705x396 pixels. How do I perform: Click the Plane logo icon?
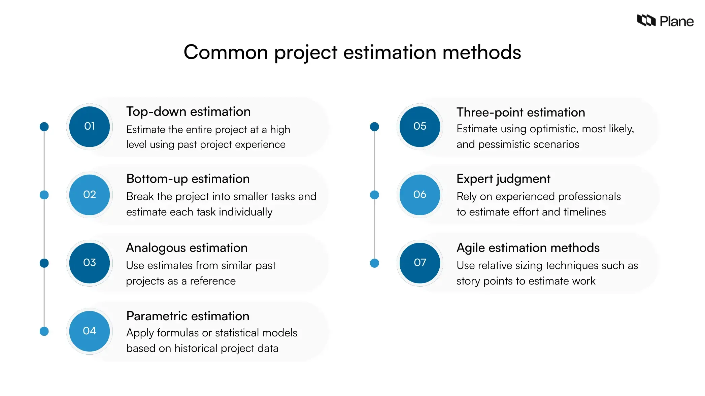pos(646,21)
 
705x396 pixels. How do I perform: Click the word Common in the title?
pos(226,53)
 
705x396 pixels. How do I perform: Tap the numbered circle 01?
pos(90,127)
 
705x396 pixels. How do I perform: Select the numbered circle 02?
pos(90,195)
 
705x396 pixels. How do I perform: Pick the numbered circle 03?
pos(90,263)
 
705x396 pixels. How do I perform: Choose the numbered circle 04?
pos(90,331)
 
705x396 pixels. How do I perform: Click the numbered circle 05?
pos(420,127)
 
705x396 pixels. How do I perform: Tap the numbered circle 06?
pos(420,195)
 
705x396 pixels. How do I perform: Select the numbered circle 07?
pos(420,263)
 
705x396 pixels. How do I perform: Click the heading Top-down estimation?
pos(188,112)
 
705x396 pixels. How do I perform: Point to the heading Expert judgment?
pos(503,179)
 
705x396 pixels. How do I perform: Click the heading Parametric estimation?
pos(188,316)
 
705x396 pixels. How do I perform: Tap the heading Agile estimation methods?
pos(528,248)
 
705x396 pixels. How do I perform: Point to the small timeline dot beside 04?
pos(44,331)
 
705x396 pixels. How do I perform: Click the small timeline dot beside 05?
pos(374,127)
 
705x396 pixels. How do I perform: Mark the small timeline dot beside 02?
pos(44,195)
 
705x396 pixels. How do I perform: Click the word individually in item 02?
pos(245,212)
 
